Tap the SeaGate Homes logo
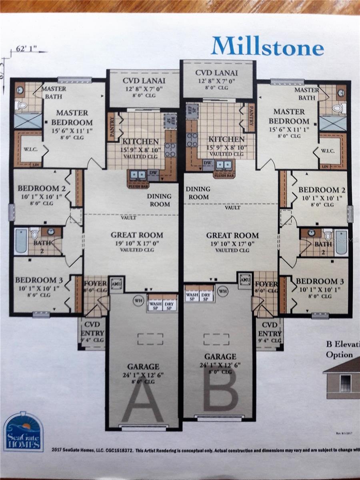[x=23, y=431]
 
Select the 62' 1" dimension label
[x=26, y=50]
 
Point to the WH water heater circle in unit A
[x=138, y=300]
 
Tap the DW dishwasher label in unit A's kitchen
[x=153, y=173]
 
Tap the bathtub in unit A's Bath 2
[x=21, y=241]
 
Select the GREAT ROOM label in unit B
[x=232, y=235]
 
